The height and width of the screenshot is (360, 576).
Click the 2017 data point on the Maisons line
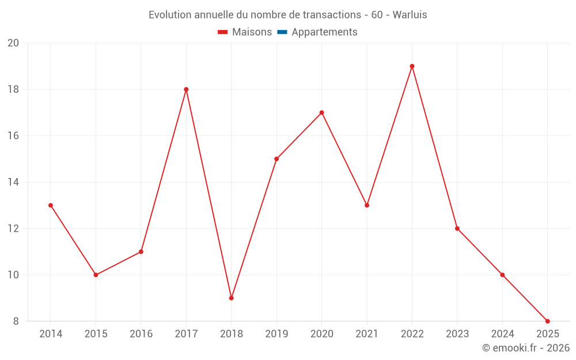click(x=186, y=89)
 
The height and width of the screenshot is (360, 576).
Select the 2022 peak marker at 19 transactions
click(x=412, y=66)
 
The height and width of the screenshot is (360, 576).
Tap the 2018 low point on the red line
click(x=231, y=298)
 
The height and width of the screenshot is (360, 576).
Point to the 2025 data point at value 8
click(x=547, y=321)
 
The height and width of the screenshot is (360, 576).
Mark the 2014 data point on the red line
click(x=51, y=205)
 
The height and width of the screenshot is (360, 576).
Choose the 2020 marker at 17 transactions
click(x=321, y=112)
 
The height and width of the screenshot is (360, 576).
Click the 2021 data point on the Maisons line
click(x=367, y=205)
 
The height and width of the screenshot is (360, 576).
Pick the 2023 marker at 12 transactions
click(x=457, y=228)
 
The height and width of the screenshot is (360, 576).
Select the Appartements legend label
click(x=324, y=32)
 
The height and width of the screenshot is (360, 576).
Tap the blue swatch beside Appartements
click(x=282, y=32)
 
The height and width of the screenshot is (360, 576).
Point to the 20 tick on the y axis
click(x=13, y=43)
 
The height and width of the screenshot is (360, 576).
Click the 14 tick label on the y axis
click(x=13, y=182)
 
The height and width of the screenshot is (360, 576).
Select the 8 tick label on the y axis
click(x=16, y=321)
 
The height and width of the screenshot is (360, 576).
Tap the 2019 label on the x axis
click(x=276, y=334)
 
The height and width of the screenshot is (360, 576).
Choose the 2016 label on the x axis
click(x=141, y=334)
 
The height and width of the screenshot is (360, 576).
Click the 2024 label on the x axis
click(x=502, y=334)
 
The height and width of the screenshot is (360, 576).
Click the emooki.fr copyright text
click(x=525, y=348)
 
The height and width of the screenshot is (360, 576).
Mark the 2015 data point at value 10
click(x=96, y=275)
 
